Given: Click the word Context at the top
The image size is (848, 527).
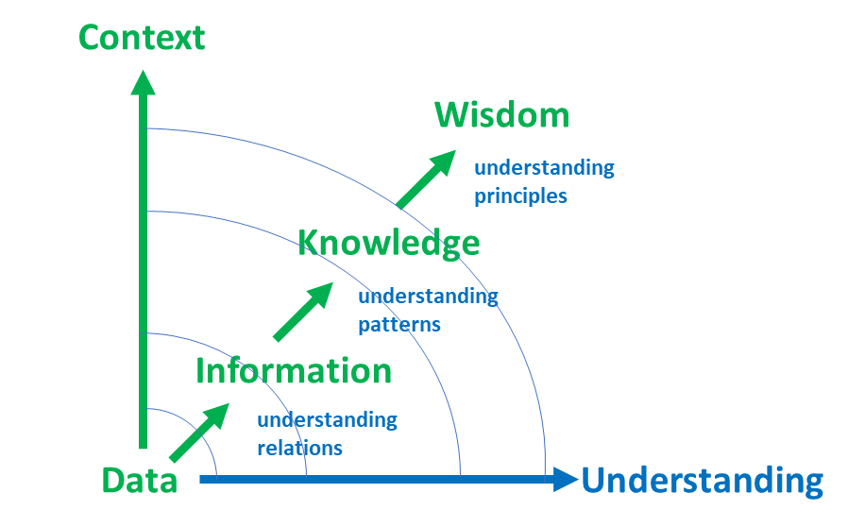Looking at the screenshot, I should (142, 38).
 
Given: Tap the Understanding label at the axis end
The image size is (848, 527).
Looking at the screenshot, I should (702, 481).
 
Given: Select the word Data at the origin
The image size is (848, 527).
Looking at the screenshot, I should (140, 481).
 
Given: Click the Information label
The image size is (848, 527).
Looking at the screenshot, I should (293, 371).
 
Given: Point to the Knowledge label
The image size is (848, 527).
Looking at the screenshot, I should (389, 244).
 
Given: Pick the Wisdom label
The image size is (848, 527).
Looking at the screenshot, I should (501, 115).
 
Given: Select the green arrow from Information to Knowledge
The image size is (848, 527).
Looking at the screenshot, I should (303, 311).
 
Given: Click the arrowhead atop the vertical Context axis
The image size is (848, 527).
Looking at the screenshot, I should (144, 82).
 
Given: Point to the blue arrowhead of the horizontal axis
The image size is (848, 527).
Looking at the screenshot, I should (566, 480).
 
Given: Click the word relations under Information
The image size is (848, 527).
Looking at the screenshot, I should (299, 448).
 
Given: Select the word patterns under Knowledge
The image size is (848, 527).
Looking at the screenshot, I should (399, 324).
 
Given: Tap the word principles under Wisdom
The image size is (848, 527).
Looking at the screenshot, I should (520, 196).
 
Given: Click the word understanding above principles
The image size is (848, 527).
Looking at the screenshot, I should (544, 168).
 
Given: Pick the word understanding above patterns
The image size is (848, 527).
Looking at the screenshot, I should (428, 296).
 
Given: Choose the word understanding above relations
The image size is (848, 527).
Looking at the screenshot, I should (327, 419).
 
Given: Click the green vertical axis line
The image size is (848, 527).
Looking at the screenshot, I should (144, 283).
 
